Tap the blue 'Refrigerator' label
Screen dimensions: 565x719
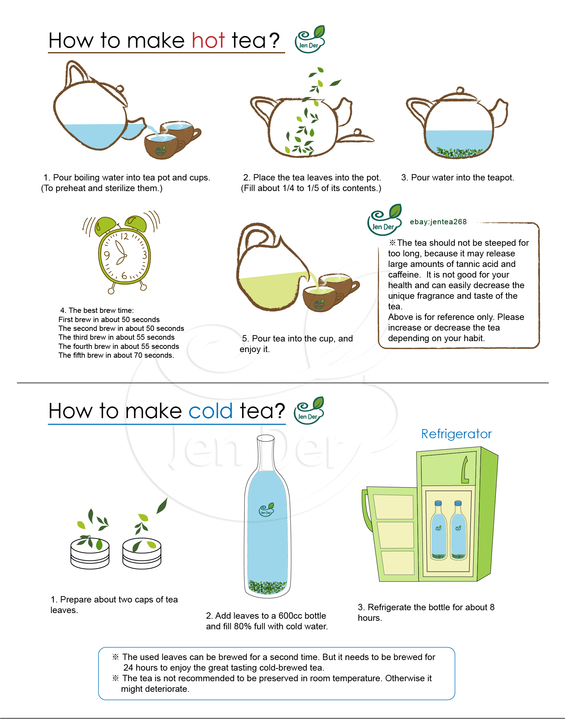(456, 434)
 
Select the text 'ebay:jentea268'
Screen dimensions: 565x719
(438, 222)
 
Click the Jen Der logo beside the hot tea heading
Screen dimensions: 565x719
(310, 39)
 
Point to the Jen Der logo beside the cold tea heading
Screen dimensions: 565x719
(309, 410)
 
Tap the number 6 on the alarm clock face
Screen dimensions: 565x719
(124, 275)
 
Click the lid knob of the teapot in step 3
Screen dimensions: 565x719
(460, 90)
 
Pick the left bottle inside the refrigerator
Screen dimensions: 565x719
(439, 530)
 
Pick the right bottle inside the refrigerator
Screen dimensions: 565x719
(458, 530)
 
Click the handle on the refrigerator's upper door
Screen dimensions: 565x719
(465, 469)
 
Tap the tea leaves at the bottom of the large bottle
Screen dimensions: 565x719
(267, 587)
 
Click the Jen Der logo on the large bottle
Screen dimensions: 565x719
(266, 510)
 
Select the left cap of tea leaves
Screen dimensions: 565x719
(90, 553)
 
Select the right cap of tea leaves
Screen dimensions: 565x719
(142, 553)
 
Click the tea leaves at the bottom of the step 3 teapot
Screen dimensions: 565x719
(459, 152)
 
